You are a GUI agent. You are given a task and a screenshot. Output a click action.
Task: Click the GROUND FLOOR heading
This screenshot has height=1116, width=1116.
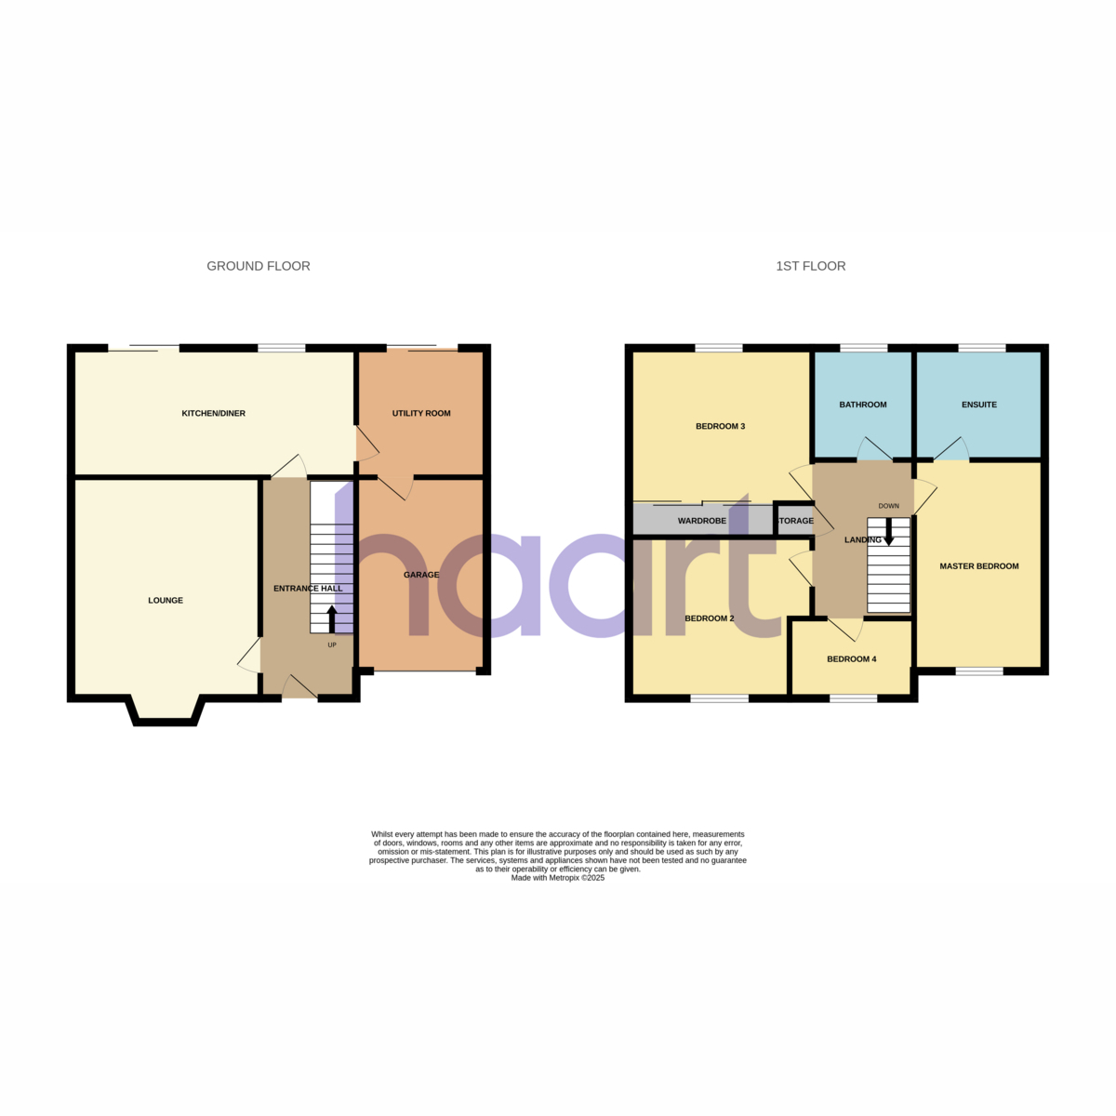259,266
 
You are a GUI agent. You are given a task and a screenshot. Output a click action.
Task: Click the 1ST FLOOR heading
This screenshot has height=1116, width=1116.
810,266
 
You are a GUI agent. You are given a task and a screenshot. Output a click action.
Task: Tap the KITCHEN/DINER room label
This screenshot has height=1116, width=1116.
214,413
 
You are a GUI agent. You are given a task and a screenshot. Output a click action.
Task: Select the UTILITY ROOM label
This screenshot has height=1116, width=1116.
421,413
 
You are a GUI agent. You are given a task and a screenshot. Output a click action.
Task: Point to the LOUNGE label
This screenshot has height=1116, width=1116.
166,600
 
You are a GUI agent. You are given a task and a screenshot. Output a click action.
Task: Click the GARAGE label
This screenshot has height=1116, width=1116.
421,575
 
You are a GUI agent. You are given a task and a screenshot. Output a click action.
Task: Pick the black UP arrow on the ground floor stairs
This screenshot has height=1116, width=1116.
332,619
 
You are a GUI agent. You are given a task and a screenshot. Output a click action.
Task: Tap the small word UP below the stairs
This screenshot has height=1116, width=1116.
332,644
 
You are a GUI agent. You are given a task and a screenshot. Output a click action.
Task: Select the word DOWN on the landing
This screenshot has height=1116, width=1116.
888,506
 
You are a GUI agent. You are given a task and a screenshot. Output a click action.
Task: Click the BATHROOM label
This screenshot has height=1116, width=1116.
862,405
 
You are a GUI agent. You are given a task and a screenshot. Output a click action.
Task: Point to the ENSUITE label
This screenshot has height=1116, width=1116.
978,405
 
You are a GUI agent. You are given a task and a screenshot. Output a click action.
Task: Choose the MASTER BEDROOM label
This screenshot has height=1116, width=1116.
978,565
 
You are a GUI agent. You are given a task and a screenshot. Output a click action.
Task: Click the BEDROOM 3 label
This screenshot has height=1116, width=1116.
720,426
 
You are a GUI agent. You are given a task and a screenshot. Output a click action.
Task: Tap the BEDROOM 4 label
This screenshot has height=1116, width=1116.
851,658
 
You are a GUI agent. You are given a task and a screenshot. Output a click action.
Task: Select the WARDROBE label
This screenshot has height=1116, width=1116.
702,521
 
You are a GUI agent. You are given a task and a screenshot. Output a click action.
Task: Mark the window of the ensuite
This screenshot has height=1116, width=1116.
982,348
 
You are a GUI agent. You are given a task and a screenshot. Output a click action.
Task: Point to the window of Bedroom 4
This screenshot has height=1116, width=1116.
853,699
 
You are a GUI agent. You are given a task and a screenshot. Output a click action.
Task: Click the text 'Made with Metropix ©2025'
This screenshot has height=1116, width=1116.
558,877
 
